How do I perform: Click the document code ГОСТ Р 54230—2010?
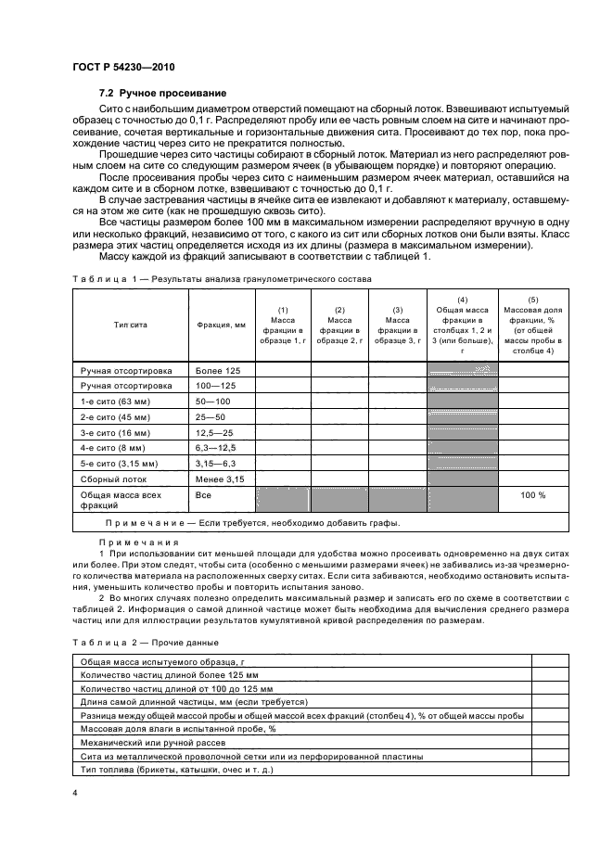pos(123,69)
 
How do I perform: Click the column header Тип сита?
pos(131,325)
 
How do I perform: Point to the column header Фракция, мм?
pos(221,325)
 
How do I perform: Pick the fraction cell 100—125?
pos(213,385)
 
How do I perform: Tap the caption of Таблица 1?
pos(221,278)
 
